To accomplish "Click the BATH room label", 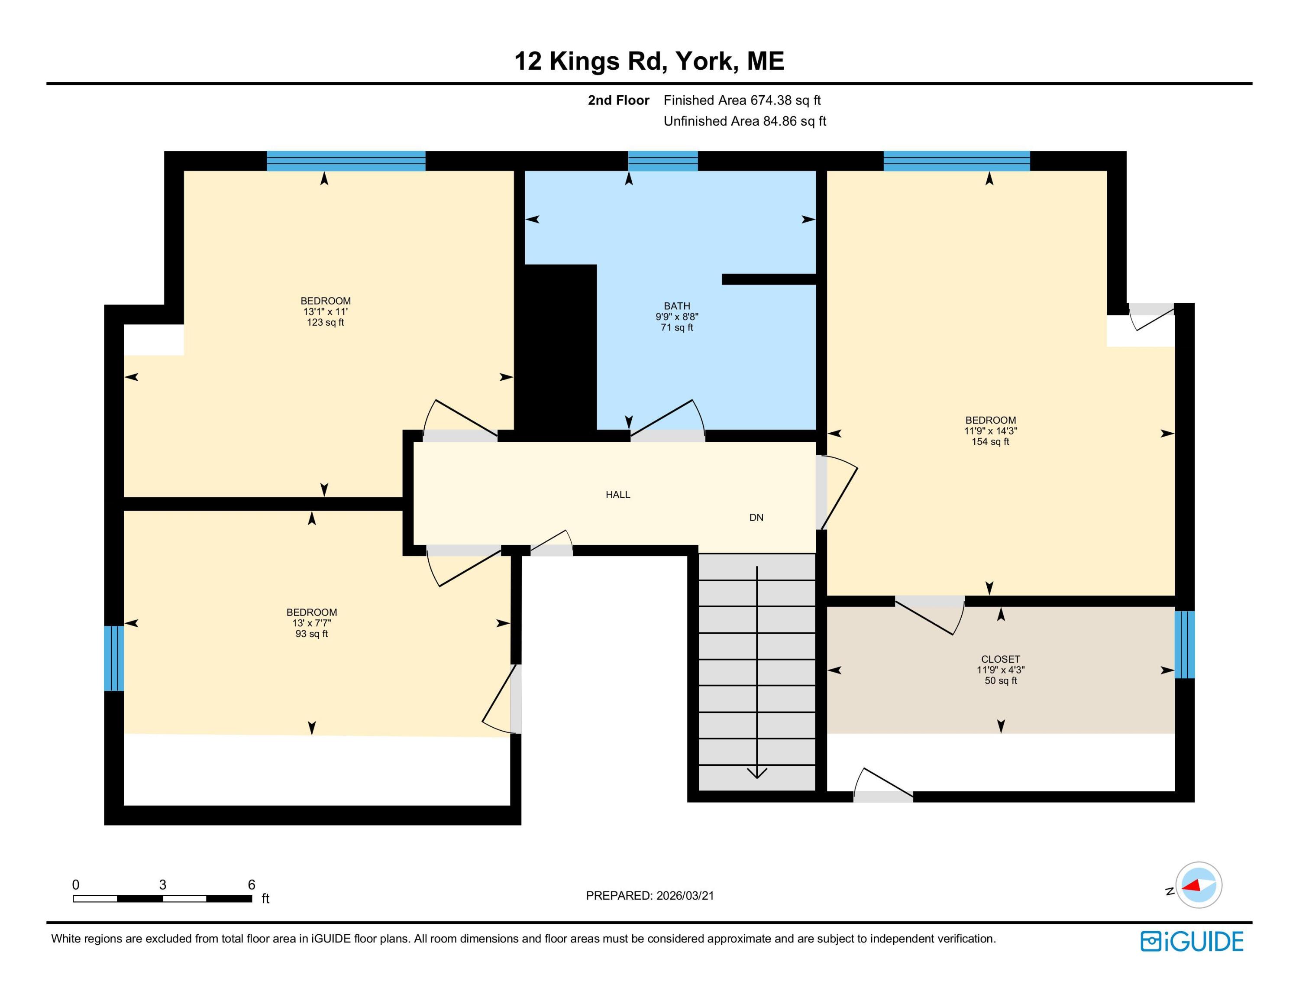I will pos(677,306).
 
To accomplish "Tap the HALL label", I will pos(617,494).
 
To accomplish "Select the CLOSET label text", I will pos(1000,659).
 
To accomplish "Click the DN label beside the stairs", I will pos(756,518).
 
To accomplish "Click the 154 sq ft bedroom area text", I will pos(990,442).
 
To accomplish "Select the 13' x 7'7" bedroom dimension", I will pos(312,623).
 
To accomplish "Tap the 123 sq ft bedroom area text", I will pos(325,322).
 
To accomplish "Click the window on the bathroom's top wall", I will pos(662,161).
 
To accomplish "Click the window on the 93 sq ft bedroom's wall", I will pos(113,658).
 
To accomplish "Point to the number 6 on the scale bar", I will pos(251,884).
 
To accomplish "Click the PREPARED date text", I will pos(649,895).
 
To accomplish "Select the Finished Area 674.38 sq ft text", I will pos(742,100).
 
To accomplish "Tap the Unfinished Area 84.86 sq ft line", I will pos(745,121).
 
